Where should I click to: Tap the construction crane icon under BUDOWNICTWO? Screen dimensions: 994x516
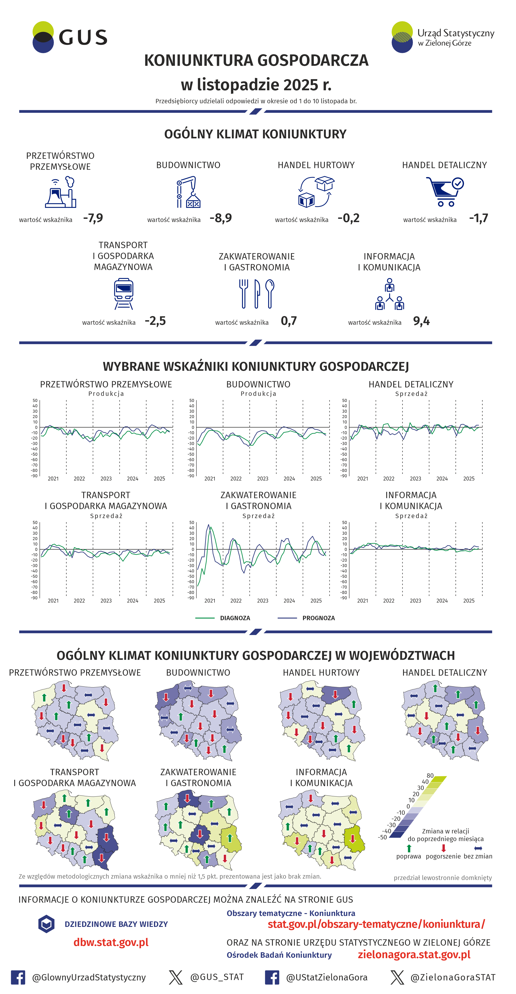click(188, 192)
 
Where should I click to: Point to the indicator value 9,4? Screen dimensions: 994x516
click(421, 321)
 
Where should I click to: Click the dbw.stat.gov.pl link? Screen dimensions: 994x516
click(111, 942)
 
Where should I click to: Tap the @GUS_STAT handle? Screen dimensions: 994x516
click(217, 977)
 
